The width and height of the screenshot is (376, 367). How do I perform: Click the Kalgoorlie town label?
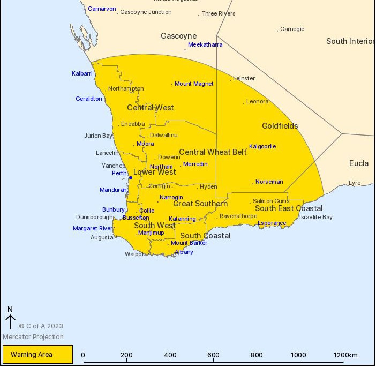pyautogui.click(x=262, y=146)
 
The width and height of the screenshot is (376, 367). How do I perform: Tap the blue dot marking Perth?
pyautogui.click(x=130, y=177)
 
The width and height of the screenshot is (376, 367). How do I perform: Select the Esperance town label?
pyautogui.click(x=272, y=223)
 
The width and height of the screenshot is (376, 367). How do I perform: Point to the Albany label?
pyautogui.click(x=184, y=252)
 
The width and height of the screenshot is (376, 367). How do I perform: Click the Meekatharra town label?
pyautogui.click(x=205, y=45)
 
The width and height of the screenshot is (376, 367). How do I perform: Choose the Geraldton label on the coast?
pyautogui.click(x=88, y=99)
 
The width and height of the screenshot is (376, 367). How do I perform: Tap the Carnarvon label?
pyautogui.click(x=102, y=9)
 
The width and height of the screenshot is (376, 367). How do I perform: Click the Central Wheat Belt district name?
pyautogui.click(x=213, y=152)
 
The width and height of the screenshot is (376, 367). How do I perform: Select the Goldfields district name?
pyautogui.click(x=280, y=126)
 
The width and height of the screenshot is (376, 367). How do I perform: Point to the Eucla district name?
pyautogui.click(x=358, y=163)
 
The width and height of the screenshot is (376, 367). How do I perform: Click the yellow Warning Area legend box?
pyautogui.click(x=37, y=354)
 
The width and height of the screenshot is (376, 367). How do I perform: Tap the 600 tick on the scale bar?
pyautogui.click(x=213, y=355)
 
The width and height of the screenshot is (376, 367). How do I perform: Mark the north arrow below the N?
pyautogui.click(x=10, y=321)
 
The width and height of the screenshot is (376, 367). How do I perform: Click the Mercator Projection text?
pyautogui.click(x=33, y=337)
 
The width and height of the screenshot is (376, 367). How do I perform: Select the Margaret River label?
pyautogui.click(x=93, y=229)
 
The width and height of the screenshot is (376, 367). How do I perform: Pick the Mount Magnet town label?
pyautogui.click(x=194, y=84)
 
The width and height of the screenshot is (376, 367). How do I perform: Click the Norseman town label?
pyautogui.click(x=269, y=182)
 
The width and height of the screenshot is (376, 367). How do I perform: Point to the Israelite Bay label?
pyautogui.click(x=315, y=218)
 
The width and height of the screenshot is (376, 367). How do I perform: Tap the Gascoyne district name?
pyautogui.click(x=178, y=36)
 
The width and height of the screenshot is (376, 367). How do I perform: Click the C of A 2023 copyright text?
pyautogui.click(x=41, y=326)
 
